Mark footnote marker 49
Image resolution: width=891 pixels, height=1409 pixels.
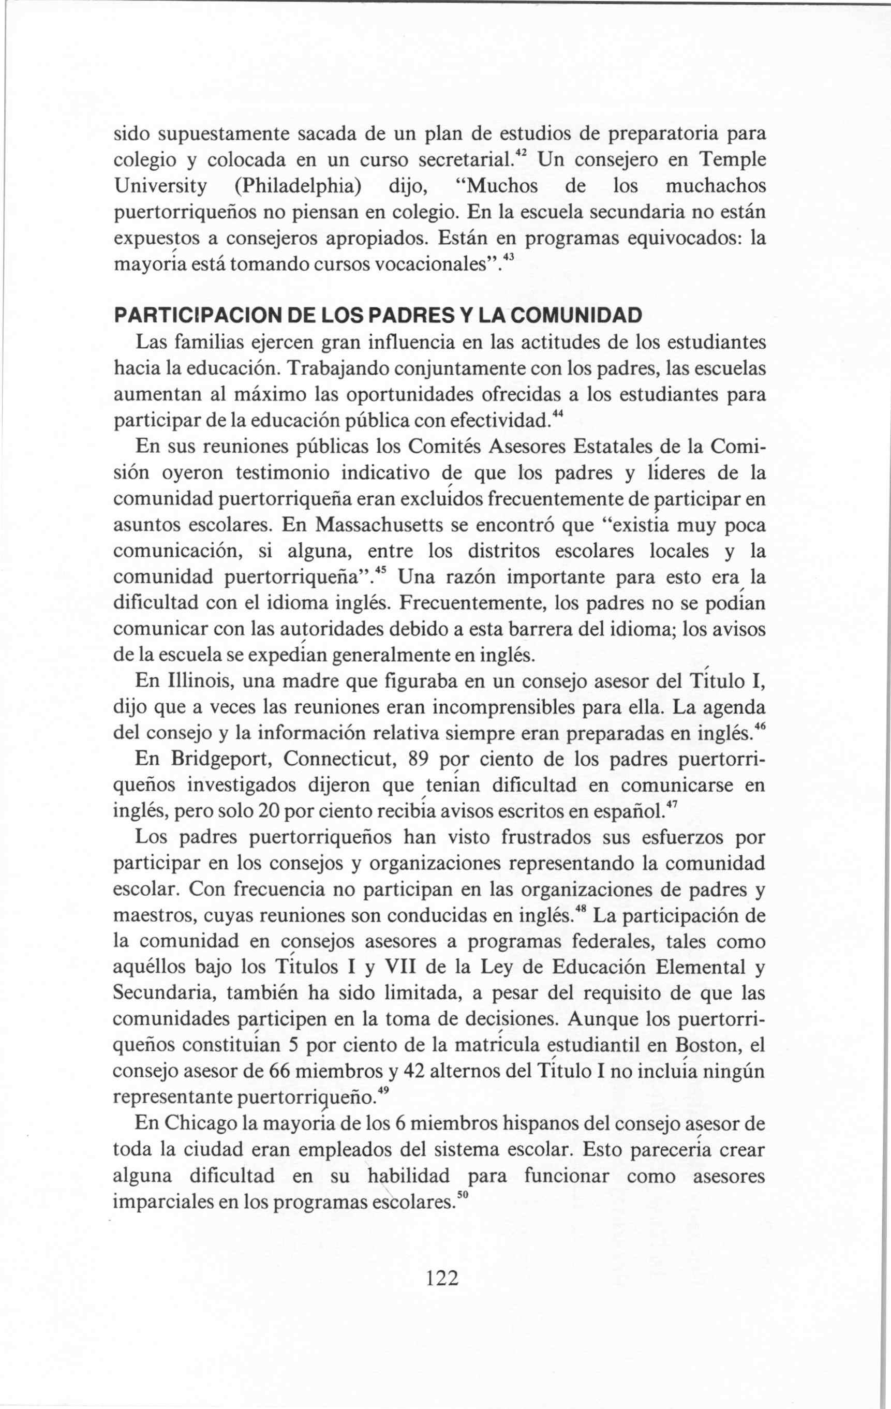[384, 1092]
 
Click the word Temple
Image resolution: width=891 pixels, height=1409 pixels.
[733, 160]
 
